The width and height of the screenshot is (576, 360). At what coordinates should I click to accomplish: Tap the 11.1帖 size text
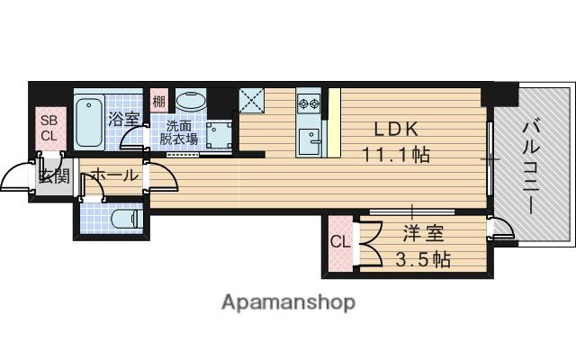[x=396, y=155]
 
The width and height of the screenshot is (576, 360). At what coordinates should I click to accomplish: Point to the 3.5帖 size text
[x=422, y=261]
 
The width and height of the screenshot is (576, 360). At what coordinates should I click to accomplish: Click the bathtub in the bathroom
[x=89, y=122]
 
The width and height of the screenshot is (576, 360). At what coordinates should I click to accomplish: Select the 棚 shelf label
[x=159, y=101]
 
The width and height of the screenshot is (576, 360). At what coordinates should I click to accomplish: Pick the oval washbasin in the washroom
[x=190, y=102]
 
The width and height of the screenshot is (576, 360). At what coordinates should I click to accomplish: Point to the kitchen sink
[x=310, y=139]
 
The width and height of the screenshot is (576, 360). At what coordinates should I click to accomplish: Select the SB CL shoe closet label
[x=48, y=129]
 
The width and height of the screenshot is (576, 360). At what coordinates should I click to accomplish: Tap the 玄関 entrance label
[x=53, y=175]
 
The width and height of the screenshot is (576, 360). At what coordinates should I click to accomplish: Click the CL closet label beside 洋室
[x=339, y=241]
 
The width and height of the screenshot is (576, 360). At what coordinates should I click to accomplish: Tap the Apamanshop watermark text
[x=289, y=301]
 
